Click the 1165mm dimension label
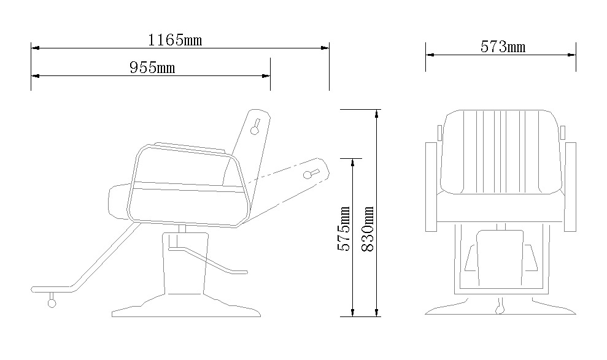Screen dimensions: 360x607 coord(175,40)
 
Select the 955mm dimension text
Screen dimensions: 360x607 coord(152,67)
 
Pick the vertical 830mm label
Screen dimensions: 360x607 coord(368,227)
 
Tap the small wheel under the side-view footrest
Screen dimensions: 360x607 coord(52,302)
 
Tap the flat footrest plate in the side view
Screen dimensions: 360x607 coord(52,288)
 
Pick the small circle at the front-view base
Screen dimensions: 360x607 coord(501,306)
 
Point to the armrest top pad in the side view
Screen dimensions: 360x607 coord(184,148)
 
